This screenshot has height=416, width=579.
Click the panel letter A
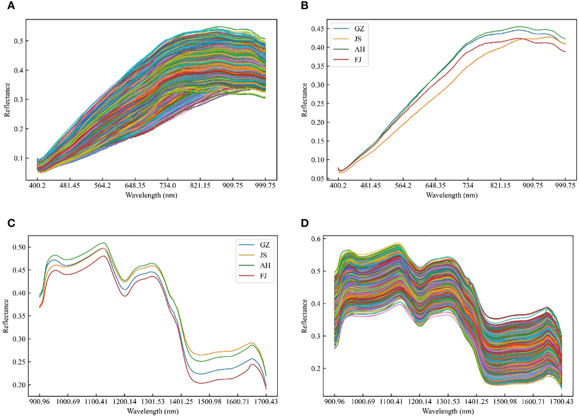coord(11,6)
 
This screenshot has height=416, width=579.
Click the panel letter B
coord(305,6)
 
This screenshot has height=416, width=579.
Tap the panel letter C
coord(11,223)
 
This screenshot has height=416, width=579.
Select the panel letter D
coord(305,223)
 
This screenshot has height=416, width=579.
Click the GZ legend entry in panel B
coord(359,29)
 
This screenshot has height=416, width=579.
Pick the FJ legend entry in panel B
coord(358,60)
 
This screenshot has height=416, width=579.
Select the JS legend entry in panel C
coord(263,255)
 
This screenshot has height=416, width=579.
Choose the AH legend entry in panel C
coord(264,266)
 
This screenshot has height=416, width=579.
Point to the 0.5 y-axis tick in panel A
coord(18,41)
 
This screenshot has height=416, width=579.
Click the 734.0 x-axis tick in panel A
coord(167,186)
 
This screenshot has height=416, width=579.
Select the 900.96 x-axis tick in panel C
coord(39,402)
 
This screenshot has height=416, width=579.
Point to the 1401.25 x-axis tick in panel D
coord(476,402)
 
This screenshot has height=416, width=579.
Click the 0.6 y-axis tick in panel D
coord(316,239)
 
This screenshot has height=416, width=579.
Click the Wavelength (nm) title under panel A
coord(151,195)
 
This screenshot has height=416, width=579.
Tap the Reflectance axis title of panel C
coord(6,316)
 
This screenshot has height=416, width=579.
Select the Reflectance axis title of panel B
coord(304,100)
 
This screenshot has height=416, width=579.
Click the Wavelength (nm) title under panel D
coord(448,411)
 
